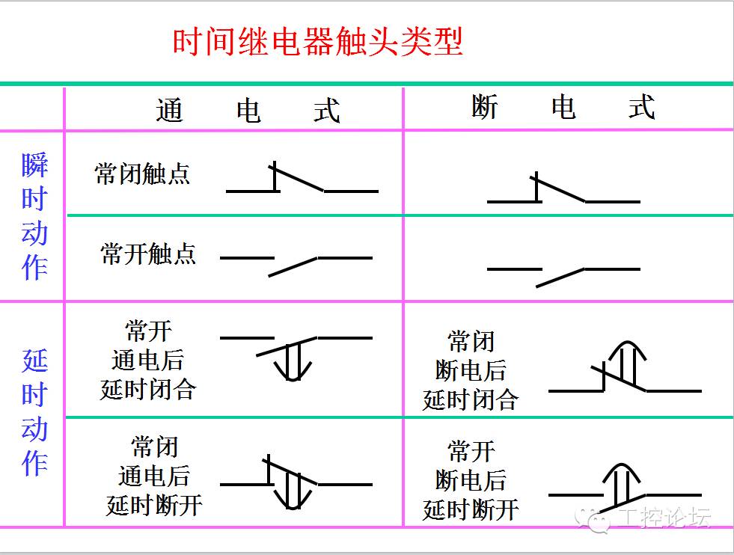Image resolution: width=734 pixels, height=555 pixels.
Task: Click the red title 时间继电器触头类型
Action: pos(318,42)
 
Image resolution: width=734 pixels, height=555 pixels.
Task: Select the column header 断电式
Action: pos(563,108)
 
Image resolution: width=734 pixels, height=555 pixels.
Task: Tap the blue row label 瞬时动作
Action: pos(34,217)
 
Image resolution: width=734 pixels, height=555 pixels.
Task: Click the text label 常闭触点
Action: pos(142,174)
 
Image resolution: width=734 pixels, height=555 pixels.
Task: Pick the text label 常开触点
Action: pos(148,254)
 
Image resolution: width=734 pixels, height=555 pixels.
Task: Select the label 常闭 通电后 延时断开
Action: pos(154,476)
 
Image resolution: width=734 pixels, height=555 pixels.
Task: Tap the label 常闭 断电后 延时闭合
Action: pos(471,371)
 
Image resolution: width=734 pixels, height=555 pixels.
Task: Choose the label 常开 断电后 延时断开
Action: pos(471,480)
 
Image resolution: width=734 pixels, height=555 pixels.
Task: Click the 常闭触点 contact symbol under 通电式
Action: pos(302,183)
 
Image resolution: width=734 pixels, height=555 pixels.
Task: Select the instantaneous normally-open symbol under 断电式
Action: pos(563,273)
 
